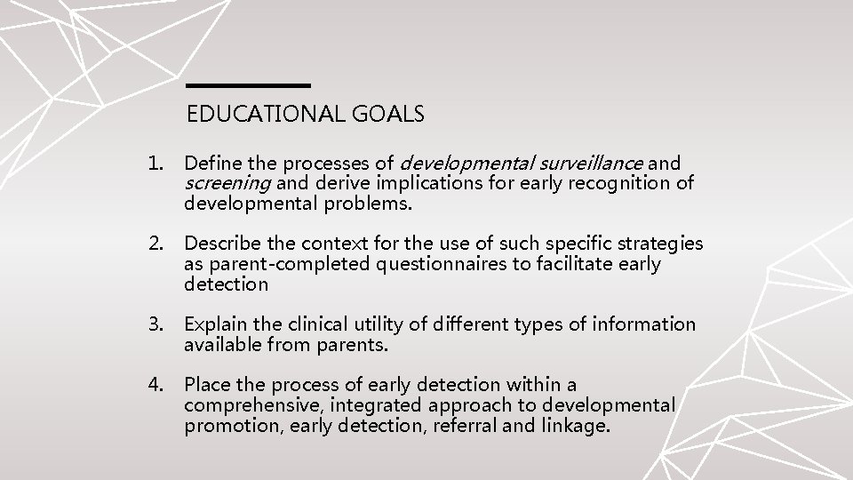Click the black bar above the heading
coord(248,85)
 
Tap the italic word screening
coord(227,184)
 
